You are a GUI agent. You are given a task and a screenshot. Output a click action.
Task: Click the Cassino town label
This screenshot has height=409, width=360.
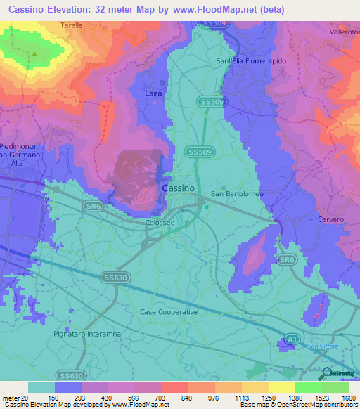coord(179,188)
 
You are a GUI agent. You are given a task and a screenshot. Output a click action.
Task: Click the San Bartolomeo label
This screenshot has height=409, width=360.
coord(238,194)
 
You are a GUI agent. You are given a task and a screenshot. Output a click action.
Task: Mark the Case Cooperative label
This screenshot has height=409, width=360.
coord(169,311)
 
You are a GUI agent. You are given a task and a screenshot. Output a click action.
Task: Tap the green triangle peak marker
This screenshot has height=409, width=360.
coord(34,53)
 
